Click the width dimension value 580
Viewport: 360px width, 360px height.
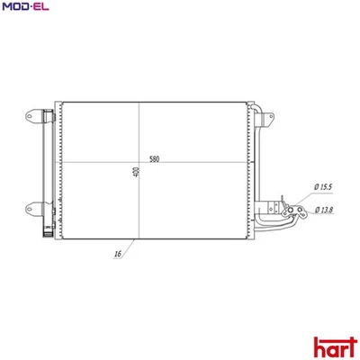tap(155, 158)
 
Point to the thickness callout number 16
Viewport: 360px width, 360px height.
tap(118, 255)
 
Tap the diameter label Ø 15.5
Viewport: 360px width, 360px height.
tap(324, 186)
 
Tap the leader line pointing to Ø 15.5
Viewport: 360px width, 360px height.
tap(301, 193)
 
